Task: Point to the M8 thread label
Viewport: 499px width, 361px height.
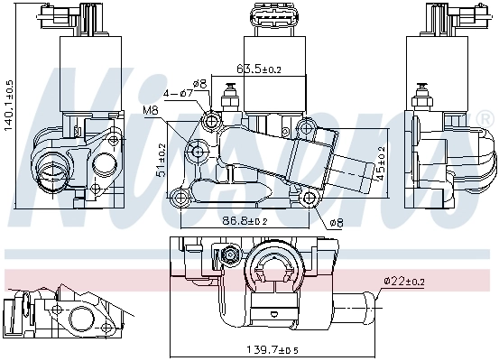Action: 151,112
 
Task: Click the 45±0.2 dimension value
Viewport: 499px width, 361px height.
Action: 381,163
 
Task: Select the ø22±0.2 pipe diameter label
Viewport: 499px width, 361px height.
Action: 405,281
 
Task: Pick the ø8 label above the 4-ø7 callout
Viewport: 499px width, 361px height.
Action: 200,83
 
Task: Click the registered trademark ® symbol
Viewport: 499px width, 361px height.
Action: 484,118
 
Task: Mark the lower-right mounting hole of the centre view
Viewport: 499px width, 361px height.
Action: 311,199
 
